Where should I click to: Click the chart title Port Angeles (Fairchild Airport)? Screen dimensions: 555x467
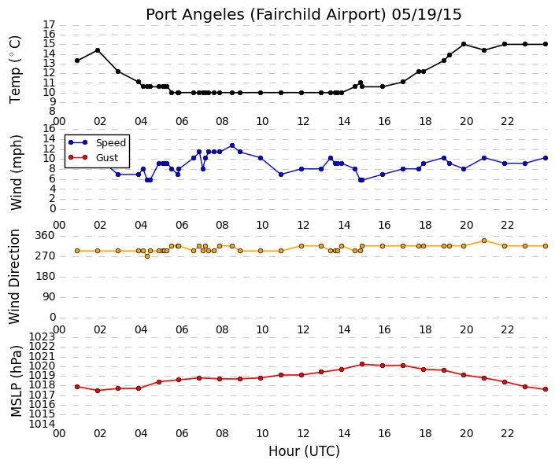click(x=266, y=15)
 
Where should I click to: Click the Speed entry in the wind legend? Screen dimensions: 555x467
click(x=111, y=142)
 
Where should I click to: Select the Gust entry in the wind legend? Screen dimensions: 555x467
click(x=107, y=158)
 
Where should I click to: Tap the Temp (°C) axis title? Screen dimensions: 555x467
click(x=15, y=70)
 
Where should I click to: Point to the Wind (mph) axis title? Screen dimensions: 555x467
click(x=17, y=172)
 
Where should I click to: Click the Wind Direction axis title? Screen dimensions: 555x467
click(x=14, y=277)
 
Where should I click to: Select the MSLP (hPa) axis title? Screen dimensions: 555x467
click(x=17, y=381)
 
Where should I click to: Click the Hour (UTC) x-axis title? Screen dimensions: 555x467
click(x=304, y=451)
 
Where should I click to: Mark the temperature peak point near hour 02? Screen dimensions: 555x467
click(x=98, y=50)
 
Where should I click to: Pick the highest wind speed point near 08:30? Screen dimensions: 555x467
click(x=232, y=145)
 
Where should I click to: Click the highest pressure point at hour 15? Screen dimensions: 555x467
click(x=362, y=364)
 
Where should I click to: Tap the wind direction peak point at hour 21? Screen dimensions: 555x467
click(x=484, y=241)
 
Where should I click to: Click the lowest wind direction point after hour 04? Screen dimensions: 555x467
click(x=147, y=256)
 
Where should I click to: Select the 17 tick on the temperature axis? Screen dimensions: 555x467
click(x=50, y=24)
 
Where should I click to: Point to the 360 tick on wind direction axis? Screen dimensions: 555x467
click(x=46, y=236)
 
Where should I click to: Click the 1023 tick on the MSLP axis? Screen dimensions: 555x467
click(x=43, y=336)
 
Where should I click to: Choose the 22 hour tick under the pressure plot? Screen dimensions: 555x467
click(x=507, y=433)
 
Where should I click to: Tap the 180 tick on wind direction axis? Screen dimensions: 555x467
click(x=46, y=277)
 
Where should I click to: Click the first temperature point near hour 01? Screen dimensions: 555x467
click(x=77, y=61)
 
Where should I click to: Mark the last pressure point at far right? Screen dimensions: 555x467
click(x=546, y=389)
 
